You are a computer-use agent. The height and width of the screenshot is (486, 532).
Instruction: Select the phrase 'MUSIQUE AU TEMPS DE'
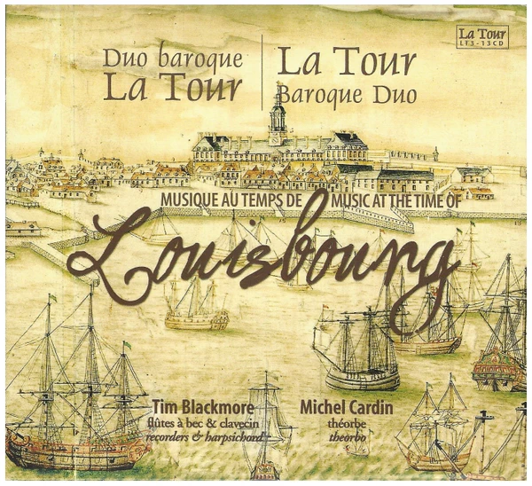click(x=234, y=201)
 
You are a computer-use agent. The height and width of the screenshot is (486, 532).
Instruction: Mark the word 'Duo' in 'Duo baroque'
click(x=123, y=61)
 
